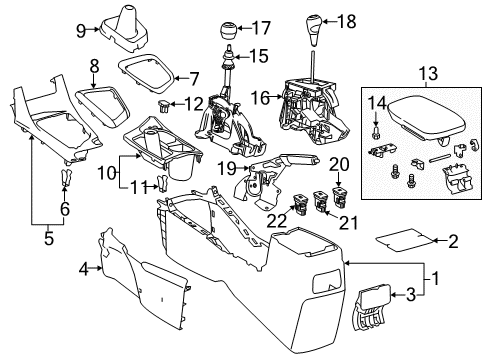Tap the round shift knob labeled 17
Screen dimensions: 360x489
pos(231,26)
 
